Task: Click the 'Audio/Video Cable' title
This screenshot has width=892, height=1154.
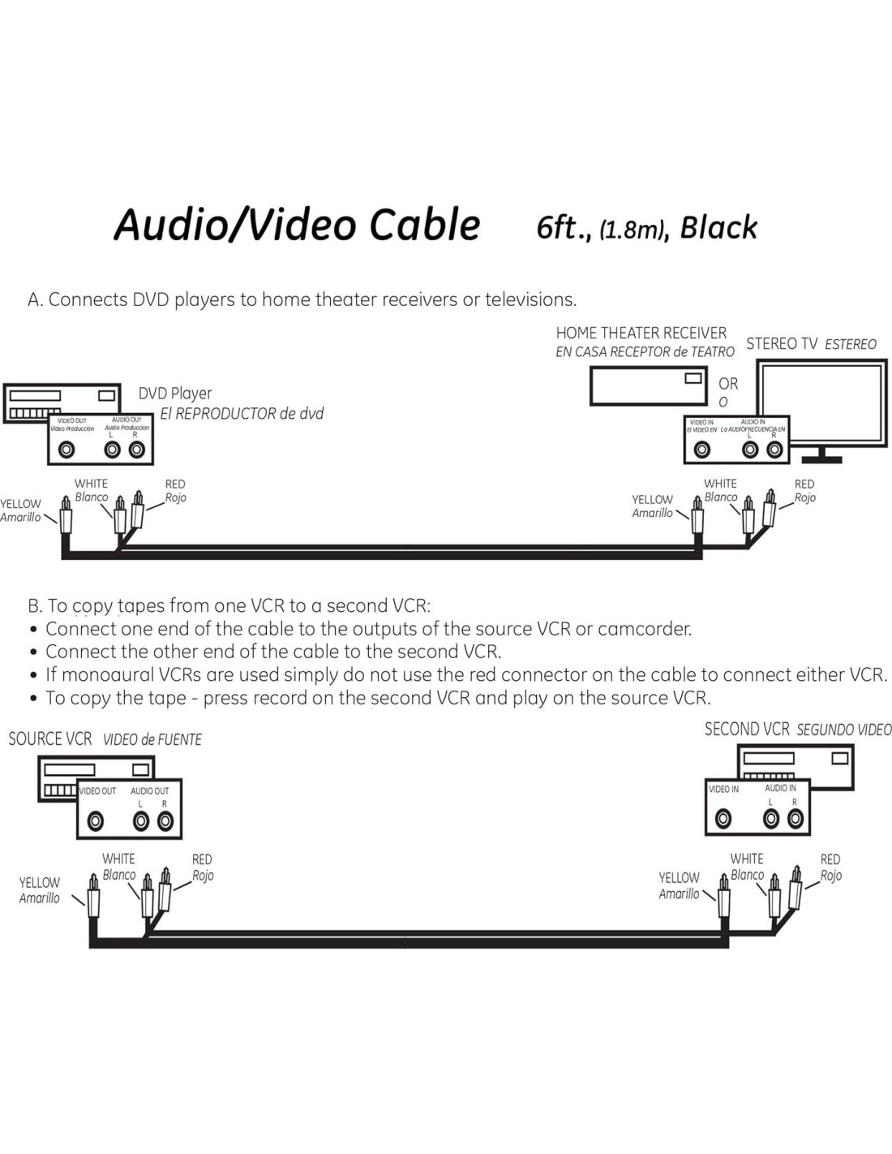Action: click(297, 225)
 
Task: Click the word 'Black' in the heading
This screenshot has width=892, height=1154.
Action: click(718, 228)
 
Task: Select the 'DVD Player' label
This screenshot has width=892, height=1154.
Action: click(175, 394)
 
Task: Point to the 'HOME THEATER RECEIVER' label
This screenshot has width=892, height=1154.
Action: click(641, 334)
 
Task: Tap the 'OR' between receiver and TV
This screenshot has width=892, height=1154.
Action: click(728, 384)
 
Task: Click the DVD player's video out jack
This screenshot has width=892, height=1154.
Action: click(66, 450)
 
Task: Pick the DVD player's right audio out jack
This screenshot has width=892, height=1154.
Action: click(136, 450)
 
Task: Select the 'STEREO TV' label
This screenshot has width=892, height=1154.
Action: click(782, 344)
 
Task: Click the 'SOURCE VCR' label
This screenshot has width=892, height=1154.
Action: click(50, 739)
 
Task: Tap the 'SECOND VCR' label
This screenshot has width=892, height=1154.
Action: click(747, 730)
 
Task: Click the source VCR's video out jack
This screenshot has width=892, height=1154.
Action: click(96, 821)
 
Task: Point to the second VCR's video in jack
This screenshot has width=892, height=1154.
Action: click(723, 819)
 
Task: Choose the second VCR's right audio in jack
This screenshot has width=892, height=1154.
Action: click(795, 819)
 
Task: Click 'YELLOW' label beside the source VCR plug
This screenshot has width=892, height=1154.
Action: click(40, 882)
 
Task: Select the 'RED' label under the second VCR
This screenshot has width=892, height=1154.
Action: click(830, 859)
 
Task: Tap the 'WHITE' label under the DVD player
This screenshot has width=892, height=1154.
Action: click(91, 484)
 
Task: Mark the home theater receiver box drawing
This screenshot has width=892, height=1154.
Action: click(648, 386)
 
